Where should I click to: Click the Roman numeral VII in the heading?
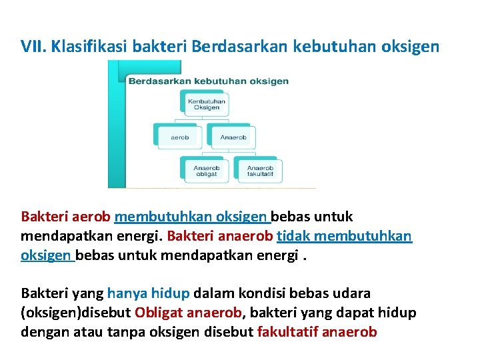click(33, 46)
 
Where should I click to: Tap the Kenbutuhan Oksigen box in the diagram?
click(207, 104)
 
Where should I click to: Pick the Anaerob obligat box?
click(206, 171)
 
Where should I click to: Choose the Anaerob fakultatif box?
click(259, 171)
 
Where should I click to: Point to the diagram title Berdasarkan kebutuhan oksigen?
click(208, 81)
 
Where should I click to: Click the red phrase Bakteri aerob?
click(66, 217)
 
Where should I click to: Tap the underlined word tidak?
click(291, 236)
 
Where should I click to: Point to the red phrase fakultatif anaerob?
click(317, 332)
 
